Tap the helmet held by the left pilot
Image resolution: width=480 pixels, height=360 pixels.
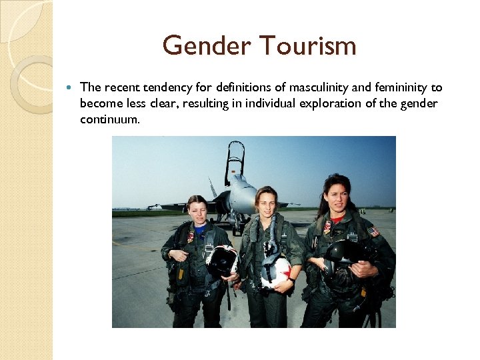point(222,260)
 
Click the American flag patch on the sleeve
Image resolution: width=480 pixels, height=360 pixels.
point(373,231)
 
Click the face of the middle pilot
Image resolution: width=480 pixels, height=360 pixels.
point(267,202)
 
